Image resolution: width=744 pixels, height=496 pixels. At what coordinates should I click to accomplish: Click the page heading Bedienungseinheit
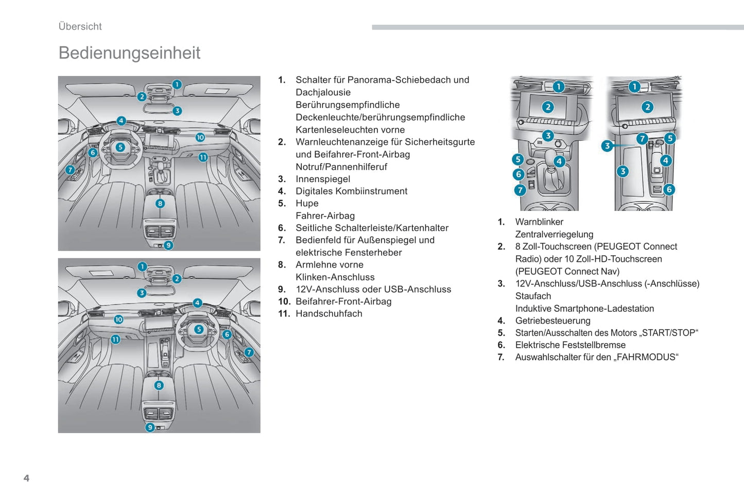(x=129, y=53)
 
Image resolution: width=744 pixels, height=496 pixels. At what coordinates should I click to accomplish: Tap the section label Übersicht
(x=80, y=27)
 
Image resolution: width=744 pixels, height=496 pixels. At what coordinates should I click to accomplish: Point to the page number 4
(x=26, y=478)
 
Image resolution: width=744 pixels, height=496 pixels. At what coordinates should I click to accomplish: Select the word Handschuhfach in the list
(x=328, y=314)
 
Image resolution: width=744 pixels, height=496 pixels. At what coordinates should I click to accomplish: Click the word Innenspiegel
(x=322, y=179)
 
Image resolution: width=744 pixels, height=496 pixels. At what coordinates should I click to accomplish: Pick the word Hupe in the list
(x=307, y=203)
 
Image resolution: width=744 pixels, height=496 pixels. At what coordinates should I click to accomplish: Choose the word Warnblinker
(x=539, y=222)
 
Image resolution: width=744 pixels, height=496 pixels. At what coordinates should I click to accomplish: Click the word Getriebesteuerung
(x=552, y=321)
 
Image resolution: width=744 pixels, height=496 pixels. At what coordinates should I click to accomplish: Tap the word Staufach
(x=533, y=296)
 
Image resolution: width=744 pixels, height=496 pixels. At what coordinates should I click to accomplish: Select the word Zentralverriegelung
(x=554, y=235)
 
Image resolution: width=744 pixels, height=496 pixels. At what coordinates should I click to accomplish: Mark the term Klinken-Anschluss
(x=335, y=277)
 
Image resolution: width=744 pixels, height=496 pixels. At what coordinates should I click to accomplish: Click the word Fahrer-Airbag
(x=325, y=216)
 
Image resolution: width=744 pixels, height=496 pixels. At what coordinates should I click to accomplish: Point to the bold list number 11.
(x=284, y=314)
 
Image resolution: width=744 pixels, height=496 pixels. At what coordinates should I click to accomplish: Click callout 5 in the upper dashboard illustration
(x=120, y=147)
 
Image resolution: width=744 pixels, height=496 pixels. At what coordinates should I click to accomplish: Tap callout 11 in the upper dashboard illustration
(x=203, y=157)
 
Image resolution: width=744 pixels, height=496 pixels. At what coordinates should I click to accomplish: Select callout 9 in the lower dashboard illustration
(x=150, y=427)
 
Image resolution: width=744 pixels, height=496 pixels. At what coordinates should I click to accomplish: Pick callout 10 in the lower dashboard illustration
(x=118, y=320)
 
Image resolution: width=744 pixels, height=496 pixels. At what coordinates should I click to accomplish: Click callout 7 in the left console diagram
(x=520, y=190)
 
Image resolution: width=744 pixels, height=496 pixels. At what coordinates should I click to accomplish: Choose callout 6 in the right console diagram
(x=669, y=189)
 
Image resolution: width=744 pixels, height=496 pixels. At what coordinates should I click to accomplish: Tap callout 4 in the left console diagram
(x=559, y=162)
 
